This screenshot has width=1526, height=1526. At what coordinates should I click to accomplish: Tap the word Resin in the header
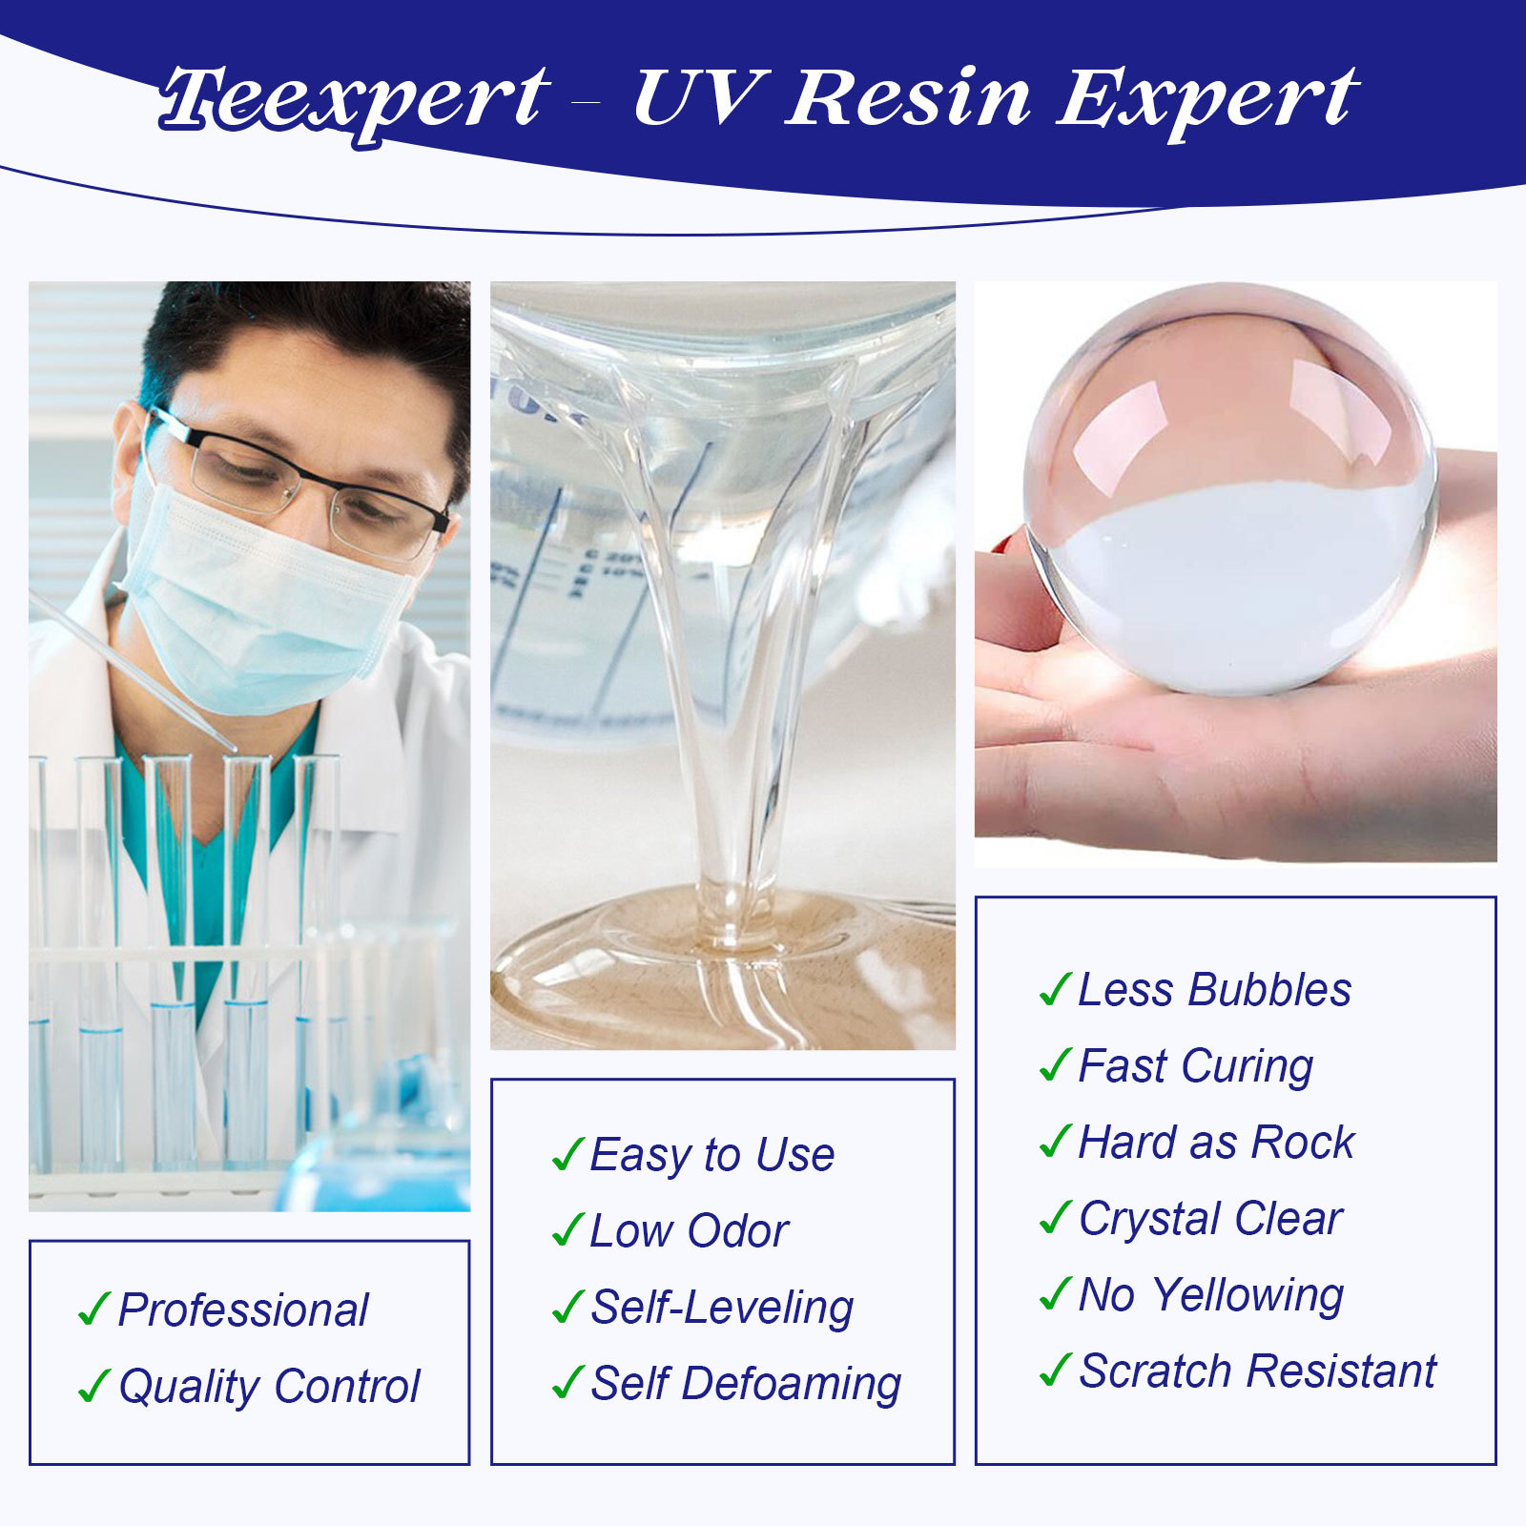[907, 97]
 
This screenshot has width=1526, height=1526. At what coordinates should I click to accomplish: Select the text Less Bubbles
[1214, 990]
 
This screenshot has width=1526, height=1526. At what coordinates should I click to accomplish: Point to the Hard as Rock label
[1216, 1143]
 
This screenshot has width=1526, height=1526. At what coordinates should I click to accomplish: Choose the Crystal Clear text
[1210, 1220]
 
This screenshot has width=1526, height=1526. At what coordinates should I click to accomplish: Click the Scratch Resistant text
[1257, 1371]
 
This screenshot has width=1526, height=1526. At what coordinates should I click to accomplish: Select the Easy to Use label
[712, 1156]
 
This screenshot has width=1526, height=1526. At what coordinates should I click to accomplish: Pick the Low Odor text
[690, 1231]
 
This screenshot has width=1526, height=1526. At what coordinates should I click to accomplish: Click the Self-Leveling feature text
[722, 1309]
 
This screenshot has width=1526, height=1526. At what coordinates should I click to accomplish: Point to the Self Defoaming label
[746, 1385]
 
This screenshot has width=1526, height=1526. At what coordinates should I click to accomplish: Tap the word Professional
[243, 1310]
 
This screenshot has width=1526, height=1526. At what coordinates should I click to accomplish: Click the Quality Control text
[269, 1388]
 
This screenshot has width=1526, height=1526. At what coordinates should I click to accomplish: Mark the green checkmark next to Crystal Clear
[1055, 1218]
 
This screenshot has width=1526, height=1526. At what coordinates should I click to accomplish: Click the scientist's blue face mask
[262, 601]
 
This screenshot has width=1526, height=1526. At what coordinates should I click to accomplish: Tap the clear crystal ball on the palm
[1230, 488]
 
